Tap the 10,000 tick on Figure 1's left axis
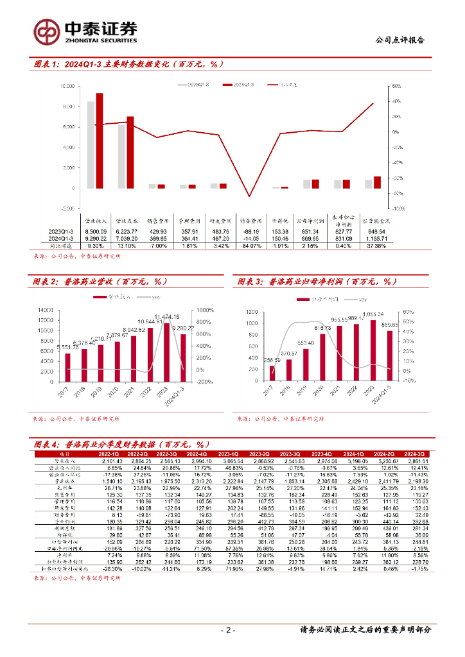pos(67,85)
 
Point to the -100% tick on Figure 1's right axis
pos(397,209)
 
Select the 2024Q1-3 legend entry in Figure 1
pos(240,84)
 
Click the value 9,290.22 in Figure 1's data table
pos(95,238)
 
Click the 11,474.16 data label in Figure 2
pos(167,317)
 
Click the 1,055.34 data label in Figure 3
pos(373,314)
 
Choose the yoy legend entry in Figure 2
pos(154,298)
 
